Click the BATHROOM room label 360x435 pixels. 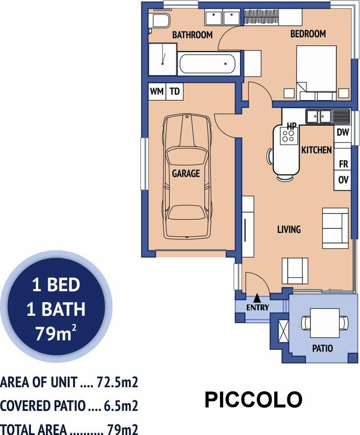192,35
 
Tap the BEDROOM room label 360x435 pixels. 308,34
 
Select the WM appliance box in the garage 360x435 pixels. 157,91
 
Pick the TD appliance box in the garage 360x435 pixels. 175,91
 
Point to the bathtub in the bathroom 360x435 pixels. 207,64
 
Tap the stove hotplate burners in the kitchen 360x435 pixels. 289,136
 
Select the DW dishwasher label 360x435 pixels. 343,132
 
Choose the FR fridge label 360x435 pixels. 343,164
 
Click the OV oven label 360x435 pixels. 343,180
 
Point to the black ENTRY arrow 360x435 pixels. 257,298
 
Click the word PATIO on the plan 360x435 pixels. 322,348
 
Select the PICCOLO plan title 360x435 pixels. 253,400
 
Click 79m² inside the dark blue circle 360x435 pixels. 56,333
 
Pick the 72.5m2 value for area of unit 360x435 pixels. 117,382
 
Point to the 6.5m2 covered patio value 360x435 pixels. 121,406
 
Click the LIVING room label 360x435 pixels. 289,229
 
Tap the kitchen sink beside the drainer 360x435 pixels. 319,116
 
